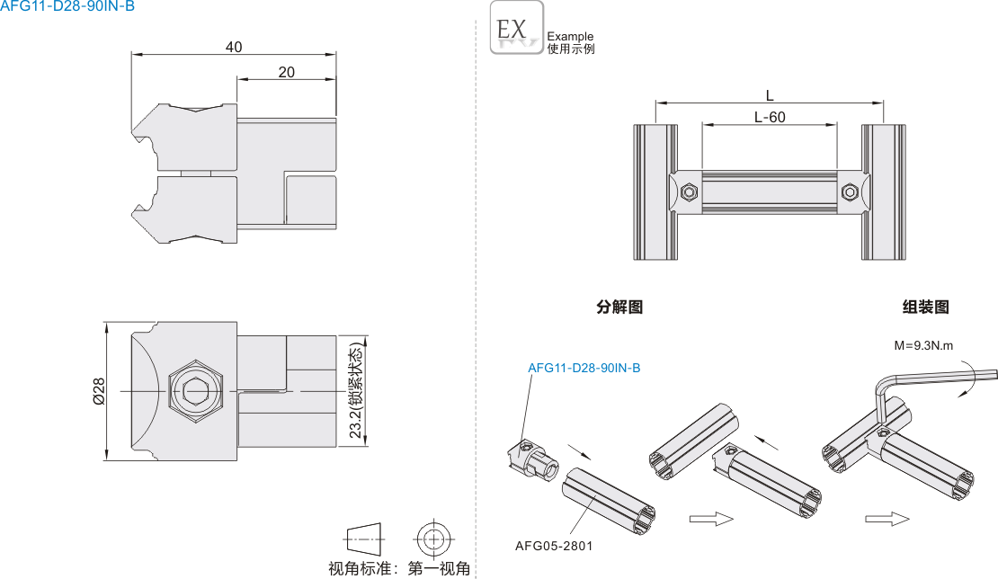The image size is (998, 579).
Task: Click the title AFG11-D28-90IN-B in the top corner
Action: click(x=67, y=7)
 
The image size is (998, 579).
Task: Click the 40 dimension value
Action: click(x=234, y=47)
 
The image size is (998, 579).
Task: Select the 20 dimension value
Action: click(x=286, y=72)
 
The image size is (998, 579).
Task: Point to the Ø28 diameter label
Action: click(x=99, y=390)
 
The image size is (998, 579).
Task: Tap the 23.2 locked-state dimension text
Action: click(x=356, y=391)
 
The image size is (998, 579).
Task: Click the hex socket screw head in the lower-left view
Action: click(x=194, y=391)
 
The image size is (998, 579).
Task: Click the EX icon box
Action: click(x=517, y=28)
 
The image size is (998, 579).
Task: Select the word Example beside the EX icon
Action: click(x=570, y=37)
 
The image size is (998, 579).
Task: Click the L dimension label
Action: click(x=770, y=95)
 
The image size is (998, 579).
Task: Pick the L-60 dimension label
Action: click(x=770, y=117)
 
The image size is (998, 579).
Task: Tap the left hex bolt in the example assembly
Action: click(x=689, y=192)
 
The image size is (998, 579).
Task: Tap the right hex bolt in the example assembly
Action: click(x=850, y=192)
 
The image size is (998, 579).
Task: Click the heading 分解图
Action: click(x=619, y=307)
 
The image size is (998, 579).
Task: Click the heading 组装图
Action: click(x=925, y=307)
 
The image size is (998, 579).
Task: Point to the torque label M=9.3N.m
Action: click(x=923, y=345)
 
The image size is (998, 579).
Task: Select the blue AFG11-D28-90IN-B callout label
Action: click(x=584, y=368)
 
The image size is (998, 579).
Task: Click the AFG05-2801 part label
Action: click(x=554, y=545)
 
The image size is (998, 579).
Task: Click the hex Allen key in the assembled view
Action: click(x=935, y=377)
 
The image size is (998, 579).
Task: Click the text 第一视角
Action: click(x=439, y=568)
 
